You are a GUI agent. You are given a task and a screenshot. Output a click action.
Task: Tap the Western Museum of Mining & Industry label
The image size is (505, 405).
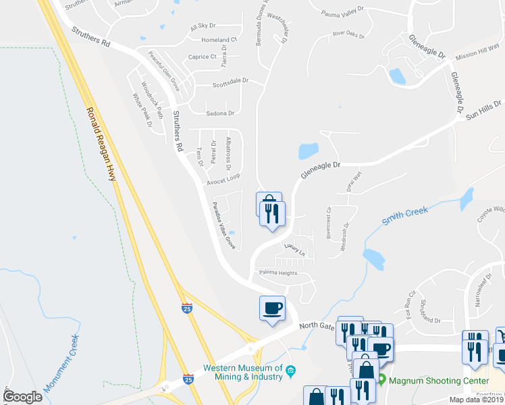(x=244, y=373)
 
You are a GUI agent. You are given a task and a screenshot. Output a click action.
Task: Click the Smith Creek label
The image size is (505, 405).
(x=405, y=216)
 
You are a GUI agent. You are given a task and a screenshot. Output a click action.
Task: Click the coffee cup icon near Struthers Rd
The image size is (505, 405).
(x=272, y=309)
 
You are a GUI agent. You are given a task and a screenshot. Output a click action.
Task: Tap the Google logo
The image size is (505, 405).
(x=22, y=397)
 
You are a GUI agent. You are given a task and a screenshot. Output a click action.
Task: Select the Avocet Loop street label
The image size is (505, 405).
(x=224, y=178)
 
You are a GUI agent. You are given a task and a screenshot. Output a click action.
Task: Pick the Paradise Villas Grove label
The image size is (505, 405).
(x=224, y=226)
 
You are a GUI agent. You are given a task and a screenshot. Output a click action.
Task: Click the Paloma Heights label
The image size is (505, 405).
(x=278, y=273)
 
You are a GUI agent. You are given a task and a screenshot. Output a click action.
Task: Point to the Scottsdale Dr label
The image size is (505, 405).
(x=230, y=82)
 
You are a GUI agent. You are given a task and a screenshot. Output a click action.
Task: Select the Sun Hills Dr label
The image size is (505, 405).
(x=484, y=111)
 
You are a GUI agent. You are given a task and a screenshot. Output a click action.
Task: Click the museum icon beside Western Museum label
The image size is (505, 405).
(x=290, y=371)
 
